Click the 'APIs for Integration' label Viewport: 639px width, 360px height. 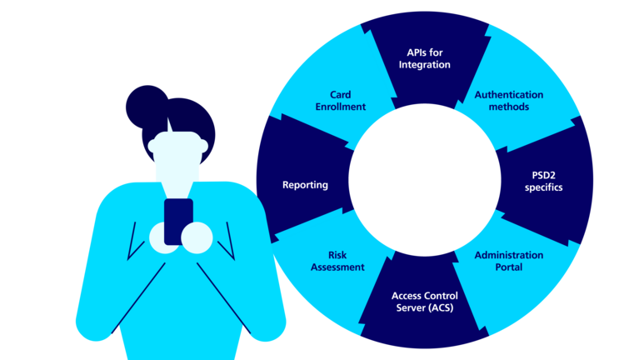pos(424,58)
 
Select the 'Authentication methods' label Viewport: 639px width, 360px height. pos(508,101)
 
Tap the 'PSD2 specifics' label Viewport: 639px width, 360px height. pos(543,181)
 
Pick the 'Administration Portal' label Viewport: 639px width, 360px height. pos(508,261)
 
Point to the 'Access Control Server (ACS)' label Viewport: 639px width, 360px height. pos(424,302)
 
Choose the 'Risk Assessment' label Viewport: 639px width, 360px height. pos(337,261)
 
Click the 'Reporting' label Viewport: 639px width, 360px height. pos(305,185)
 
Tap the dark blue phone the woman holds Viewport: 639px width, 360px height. pos(178,221)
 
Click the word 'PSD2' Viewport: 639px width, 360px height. pos(543,175)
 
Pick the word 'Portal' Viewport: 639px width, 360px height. pos(508,267)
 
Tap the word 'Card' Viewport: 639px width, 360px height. pos(340,95)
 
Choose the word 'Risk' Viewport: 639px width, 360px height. pos(337,255)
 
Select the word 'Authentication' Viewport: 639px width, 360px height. pos(508,95)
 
